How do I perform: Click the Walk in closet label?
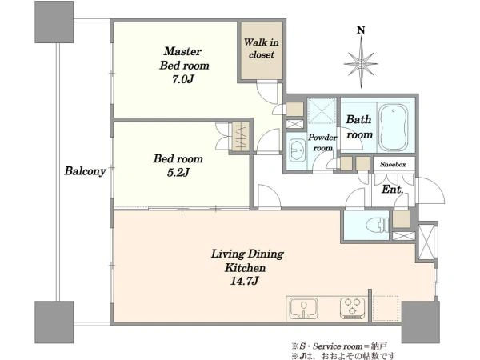261,48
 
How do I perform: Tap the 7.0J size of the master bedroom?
183,79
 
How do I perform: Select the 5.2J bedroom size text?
178,173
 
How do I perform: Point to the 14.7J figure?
245,281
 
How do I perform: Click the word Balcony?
85,171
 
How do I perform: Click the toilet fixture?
378,226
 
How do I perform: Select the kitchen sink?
304,309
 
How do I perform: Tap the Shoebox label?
393,164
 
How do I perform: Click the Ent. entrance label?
393,190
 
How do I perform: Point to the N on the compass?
362,30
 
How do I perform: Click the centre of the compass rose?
362,64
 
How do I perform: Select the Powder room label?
322,142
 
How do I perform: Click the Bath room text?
359,126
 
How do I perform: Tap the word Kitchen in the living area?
245,268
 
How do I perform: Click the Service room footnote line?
339,346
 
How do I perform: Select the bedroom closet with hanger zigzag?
241,136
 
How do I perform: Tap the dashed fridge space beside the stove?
386,308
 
